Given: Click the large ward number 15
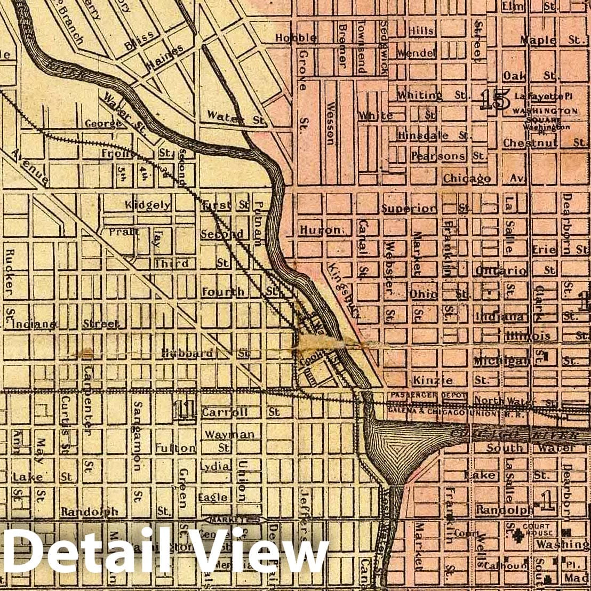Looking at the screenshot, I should pyautogui.click(x=493, y=100).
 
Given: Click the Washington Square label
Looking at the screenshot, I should pyautogui.click(x=545, y=111).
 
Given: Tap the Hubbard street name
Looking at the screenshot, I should pyautogui.click(x=188, y=353).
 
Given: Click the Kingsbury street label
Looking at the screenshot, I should pyautogui.click(x=344, y=290).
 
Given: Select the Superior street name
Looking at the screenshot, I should pyautogui.click(x=409, y=209).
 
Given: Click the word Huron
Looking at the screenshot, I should pyautogui.click(x=320, y=230).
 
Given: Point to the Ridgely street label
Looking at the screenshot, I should pyautogui.click(x=148, y=204).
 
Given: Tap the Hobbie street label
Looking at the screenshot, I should pyautogui.click(x=295, y=38).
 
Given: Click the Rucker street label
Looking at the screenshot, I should pyautogui.click(x=9, y=273).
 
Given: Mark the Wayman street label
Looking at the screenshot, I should pyautogui.click(x=230, y=435).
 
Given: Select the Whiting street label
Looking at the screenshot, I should pyautogui.click(x=419, y=95).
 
